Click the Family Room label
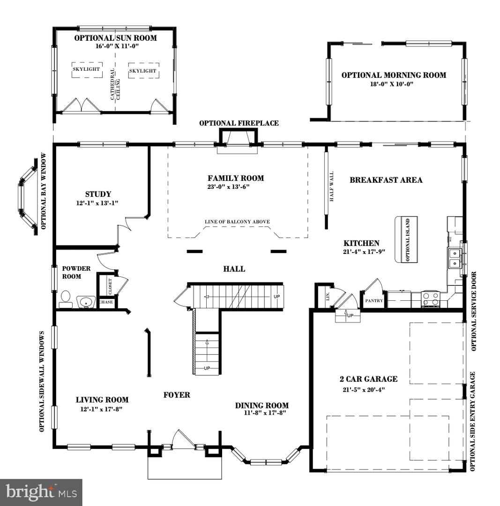click(236, 178)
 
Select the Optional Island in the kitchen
click(406, 239)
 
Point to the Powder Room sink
click(86, 302)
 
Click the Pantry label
click(374, 301)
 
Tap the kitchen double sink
click(454, 258)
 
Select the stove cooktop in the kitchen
click(430, 299)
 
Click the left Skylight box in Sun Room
click(87, 70)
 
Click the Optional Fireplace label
click(239, 123)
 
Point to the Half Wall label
click(332, 186)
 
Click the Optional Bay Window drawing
click(27, 197)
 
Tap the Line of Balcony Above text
click(237, 222)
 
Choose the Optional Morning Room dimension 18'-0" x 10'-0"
click(393, 84)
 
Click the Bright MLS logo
click(41, 492)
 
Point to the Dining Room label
click(262, 405)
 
